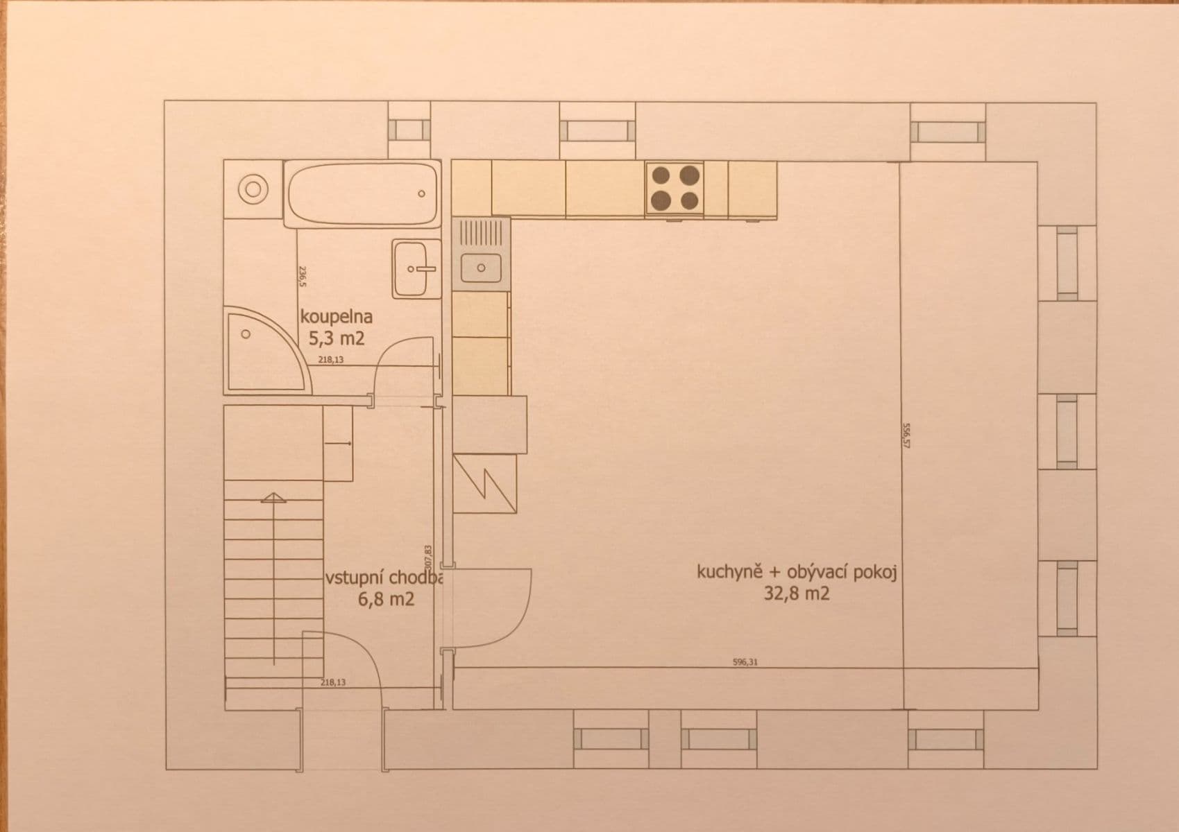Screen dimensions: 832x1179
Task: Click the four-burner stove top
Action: pos(674,187)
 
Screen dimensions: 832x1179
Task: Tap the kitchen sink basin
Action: pos(481,267)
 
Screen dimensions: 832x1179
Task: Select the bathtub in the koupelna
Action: pos(362,193)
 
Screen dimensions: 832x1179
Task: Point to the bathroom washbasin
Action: pos(416,269)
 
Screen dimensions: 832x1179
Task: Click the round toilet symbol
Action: pos(253,189)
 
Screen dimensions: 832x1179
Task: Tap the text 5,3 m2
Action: pos(337,338)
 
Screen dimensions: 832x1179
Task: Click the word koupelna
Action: pos(337,317)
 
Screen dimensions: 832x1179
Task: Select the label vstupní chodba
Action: pos(383,578)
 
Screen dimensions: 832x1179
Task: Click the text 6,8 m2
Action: pos(386,599)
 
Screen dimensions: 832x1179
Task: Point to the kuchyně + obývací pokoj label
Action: pos(797,572)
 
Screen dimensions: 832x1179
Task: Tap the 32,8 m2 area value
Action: pos(797,593)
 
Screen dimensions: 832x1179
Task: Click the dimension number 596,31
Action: pos(745,662)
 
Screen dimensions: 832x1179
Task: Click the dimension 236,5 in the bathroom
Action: pos(302,275)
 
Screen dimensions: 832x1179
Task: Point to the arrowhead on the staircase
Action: pos(273,497)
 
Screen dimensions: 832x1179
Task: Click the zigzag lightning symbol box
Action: pos(485,483)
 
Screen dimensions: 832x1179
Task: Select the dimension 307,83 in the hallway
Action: pos(428,558)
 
